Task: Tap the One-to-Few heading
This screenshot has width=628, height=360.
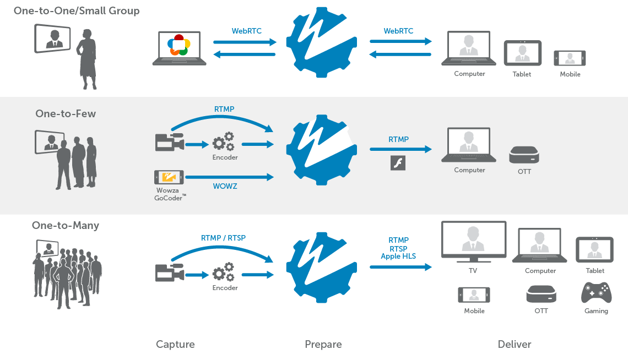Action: (66, 114)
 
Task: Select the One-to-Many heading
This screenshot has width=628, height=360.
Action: (66, 225)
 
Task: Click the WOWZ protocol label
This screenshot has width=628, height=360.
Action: (225, 187)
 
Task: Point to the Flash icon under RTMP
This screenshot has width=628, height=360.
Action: (398, 163)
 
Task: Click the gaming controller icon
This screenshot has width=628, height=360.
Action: (596, 293)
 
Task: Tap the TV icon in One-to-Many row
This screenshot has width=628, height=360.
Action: (473, 241)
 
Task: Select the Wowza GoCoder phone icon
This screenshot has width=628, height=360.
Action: (169, 177)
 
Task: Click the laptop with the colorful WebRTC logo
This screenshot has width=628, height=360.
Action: (180, 48)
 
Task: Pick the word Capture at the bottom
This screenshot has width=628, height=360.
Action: (175, 345)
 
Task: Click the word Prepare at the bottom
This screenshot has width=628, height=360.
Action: (323, 345)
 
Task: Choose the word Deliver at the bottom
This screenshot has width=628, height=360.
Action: (514, 345)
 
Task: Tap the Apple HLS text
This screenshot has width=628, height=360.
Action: (398, 257)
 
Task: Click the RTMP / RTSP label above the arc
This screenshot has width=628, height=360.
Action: (223, 238)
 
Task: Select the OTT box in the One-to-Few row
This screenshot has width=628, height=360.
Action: (523, 155)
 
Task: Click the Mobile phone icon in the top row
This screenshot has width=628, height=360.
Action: (570, 58)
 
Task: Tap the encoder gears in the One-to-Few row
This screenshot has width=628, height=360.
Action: (224, 141)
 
